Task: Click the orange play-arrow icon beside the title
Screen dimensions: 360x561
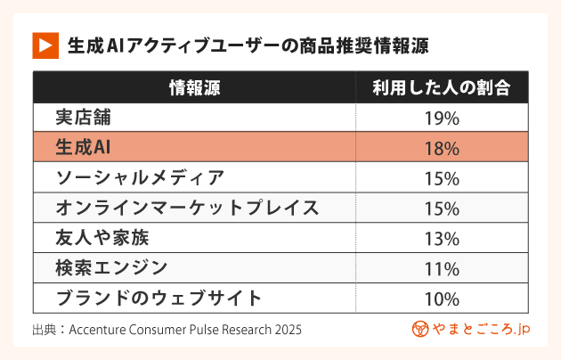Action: (45, 45)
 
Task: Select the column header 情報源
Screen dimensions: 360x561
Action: (194, 87)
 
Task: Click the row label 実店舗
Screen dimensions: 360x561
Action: (85, 118)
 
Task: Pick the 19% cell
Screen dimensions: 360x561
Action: (442, 118)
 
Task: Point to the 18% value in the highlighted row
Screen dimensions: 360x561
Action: (442, 148)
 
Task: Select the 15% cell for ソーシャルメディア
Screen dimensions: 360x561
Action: (442, 178)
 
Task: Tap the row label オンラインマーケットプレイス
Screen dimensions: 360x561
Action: (187, 209)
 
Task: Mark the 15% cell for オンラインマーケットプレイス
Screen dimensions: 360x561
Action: (442, 209)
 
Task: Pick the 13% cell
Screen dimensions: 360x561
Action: (442, 238)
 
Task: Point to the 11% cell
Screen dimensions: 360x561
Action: (442, 268)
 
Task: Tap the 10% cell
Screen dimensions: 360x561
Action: (442, 299)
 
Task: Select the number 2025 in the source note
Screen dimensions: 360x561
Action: (287, 330)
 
